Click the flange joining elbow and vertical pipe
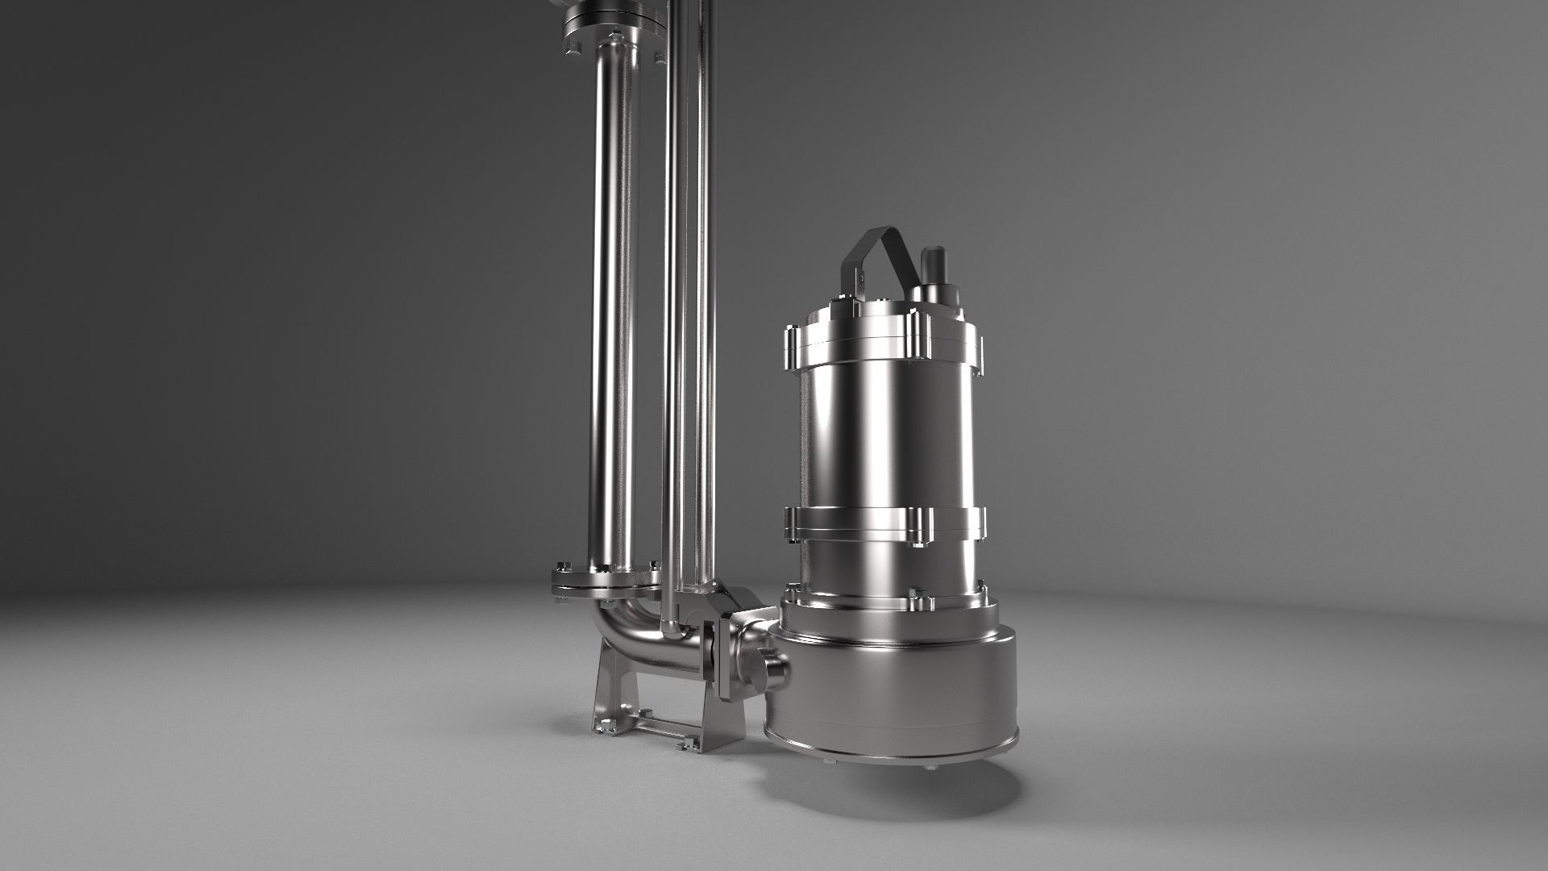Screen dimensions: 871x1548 click(605, 581)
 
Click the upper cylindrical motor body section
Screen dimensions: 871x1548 click(887, 435)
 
